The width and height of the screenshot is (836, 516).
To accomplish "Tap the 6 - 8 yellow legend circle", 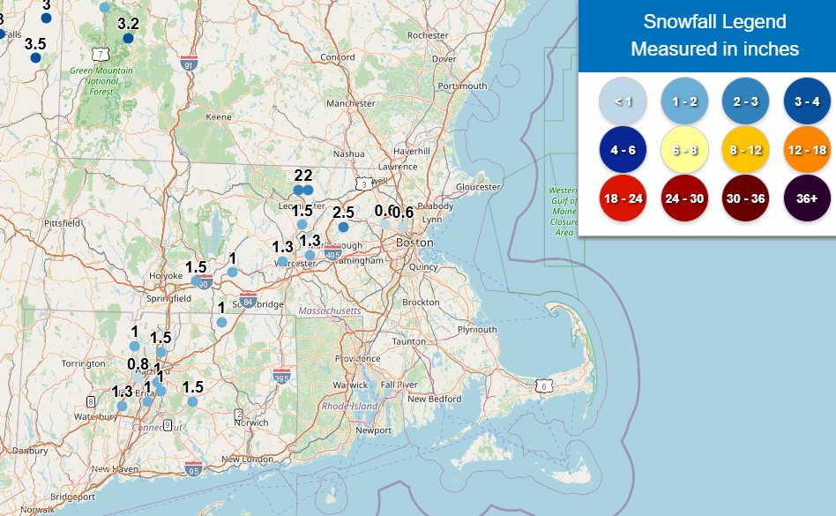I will pos(685,149).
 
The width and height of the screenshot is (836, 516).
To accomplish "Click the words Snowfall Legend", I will pos(714,22).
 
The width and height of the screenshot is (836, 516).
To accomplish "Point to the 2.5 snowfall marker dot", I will pos(343,227).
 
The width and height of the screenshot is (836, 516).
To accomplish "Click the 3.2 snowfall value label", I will pos(128,23).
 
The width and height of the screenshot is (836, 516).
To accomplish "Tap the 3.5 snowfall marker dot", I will pos(35,57).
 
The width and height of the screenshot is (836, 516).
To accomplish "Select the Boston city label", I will pos(414,242).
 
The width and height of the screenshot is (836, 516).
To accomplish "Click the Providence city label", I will pos(356,359).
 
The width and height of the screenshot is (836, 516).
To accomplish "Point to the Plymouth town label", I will pos(477,329).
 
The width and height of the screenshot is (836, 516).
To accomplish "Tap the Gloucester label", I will pos(478,187).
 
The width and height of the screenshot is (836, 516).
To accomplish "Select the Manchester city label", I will pos(351,103).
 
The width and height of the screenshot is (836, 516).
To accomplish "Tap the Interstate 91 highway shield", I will pos(189,64).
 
